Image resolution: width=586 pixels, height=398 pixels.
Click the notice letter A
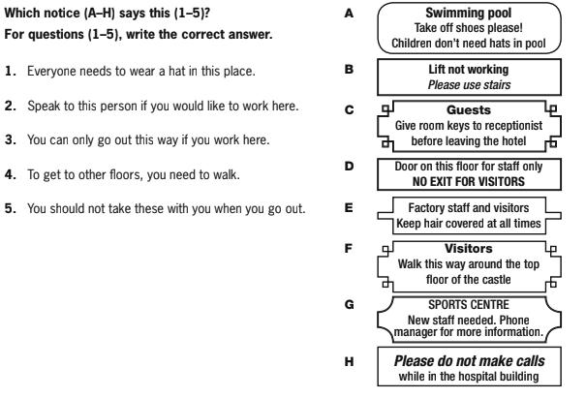coord(349,14)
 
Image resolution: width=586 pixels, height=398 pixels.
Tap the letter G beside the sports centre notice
coord(349,305)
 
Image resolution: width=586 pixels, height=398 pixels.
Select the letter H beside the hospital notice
coord(349,362)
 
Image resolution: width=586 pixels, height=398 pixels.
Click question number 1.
coord(11,71)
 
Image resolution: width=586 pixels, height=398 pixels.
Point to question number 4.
coord(11,174)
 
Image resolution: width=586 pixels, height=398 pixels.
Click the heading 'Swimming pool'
coord(469,14)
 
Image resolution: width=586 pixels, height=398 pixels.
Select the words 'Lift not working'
coord(469,70)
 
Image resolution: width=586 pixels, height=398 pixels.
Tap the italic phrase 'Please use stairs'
coord(469,85)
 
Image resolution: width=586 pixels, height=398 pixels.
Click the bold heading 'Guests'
coord(469,109)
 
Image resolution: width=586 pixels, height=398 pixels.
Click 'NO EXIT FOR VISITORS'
coord(469,182)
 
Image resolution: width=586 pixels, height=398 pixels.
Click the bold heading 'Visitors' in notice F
coord(469,249)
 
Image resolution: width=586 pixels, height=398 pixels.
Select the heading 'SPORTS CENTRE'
coord(469,305)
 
